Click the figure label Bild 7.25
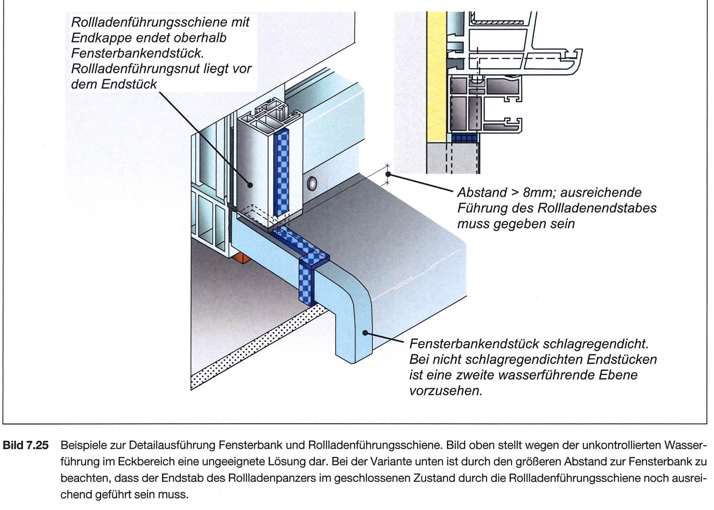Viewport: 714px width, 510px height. [x=26, y=445]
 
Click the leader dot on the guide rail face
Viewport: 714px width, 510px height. [x=250, y=184]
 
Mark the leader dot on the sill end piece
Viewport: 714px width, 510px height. [x=366, y=333]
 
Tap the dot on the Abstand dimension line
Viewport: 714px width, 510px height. [x=388, y=174]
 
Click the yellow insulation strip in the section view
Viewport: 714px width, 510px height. [x=436, y=74]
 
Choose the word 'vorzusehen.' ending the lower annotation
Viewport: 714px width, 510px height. [x=446, y=391]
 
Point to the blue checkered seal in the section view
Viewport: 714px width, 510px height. [x=464, y=138]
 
